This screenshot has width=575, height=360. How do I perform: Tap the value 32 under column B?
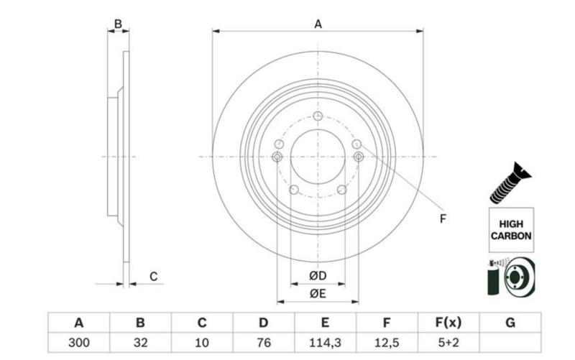point(141,342)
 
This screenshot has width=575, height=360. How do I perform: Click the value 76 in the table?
point(264,342)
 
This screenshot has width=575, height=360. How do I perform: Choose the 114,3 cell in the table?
point(325,342)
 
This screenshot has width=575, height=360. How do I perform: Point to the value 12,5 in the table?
point(387,342)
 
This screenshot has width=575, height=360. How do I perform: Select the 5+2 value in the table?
point(448,342)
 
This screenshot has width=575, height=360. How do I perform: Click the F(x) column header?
point(448,323)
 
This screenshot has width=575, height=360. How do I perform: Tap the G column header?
point(510,323)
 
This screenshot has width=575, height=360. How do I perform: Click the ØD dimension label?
point(318,276)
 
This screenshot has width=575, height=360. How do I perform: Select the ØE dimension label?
point(318,292)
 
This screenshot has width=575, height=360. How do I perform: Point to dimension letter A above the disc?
point(318,24)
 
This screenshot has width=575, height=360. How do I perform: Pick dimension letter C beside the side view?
point(153,277)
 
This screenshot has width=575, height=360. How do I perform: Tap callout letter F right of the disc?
point(443,218)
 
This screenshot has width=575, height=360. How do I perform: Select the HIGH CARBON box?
point(510,229)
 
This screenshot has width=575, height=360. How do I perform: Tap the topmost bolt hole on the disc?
point(318,115)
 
